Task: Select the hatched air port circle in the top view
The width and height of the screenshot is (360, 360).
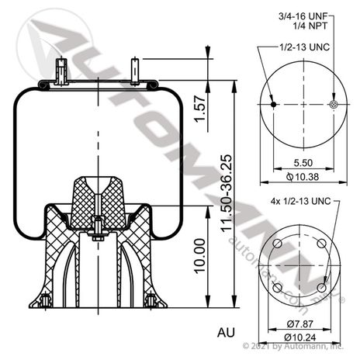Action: point(334,105)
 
